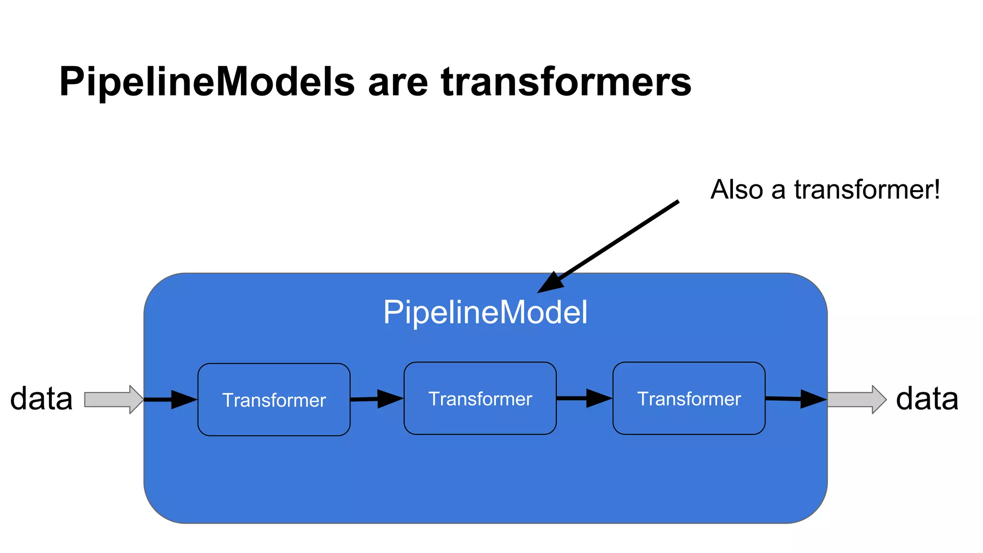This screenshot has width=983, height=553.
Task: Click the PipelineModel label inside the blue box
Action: coord(485,313)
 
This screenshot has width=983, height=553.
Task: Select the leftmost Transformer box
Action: coord(274,399)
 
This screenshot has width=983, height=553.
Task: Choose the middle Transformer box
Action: coord(480,398)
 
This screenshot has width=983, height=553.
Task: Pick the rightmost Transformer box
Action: coord(689,398)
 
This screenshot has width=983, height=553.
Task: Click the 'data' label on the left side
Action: coord(41,398)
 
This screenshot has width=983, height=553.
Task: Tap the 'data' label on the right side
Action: coord(927,398)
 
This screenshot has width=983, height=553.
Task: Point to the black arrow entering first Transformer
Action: coord(170,399)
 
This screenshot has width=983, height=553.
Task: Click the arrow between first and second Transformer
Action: coord(377,399)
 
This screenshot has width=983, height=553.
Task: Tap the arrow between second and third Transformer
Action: coord(584,398)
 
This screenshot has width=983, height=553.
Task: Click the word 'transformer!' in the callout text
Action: coord(867,190)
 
